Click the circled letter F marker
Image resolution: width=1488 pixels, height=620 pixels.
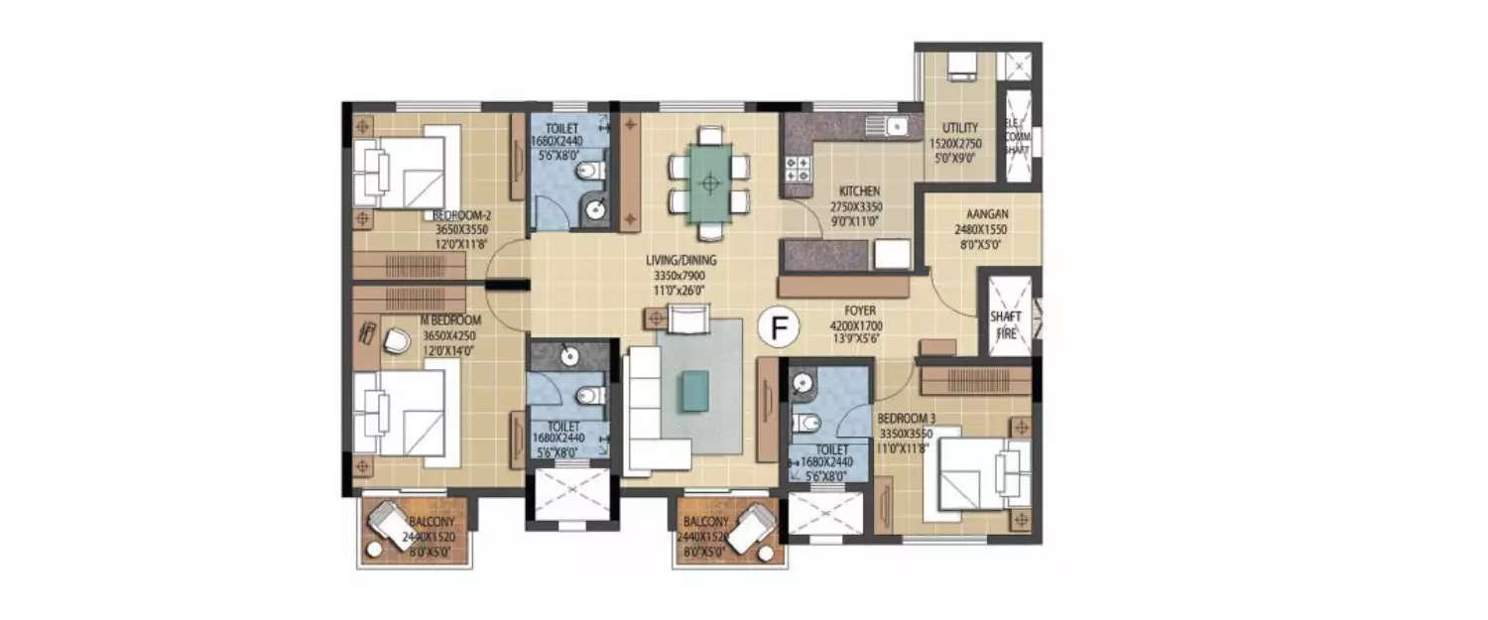pyautogui.click(x=780, y=324)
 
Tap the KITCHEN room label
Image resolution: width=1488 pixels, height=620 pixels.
pyautogui.click(x=855, y=189)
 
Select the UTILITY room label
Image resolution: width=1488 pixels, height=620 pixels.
pyautogui.click(x=960, y=128)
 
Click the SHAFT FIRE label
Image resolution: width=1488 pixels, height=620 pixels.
pyautogui.click(x=1005, y=325)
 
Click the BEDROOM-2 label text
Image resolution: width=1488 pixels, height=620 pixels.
pyautogui.click(x=461, y=215)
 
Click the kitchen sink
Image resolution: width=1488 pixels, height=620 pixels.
pyautogui.click(x=895, y=126)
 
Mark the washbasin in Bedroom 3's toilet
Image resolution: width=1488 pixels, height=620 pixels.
pyautogui.click(x=804, y=382)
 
